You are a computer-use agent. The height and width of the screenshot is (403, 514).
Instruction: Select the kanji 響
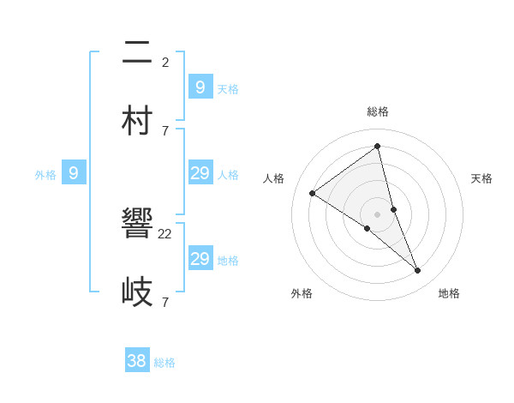coord(139,225)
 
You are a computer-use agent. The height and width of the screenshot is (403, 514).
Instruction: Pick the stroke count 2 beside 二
coord(165,62)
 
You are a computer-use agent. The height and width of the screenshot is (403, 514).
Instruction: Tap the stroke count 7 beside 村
coord(165,130)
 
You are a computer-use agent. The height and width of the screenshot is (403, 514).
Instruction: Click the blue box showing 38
coord(137,361)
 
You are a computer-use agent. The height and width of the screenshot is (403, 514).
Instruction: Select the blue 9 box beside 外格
coord(74,173)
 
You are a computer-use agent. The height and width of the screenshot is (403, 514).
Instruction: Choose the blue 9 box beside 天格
coord(200,87)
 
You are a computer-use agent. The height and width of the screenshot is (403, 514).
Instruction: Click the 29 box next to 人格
coord(200,173)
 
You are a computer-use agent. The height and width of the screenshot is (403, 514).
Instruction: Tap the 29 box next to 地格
coord(200,259)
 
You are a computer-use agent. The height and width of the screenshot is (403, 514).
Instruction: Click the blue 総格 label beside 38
coord(164,363)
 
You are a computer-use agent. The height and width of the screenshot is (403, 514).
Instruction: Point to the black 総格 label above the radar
coord(378,111)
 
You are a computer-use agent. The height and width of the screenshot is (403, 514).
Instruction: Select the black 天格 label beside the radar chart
coord(481,178)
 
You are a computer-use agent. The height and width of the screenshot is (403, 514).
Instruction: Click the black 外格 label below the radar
coord(302,293)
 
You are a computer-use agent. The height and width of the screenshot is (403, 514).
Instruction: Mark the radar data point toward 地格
coord(418,271)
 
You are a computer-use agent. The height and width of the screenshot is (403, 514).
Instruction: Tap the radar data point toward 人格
coord(312,193)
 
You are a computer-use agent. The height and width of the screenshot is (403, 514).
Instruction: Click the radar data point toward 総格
coord(378,147)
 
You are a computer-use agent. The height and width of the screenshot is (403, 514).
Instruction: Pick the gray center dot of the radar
coord(378,214)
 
